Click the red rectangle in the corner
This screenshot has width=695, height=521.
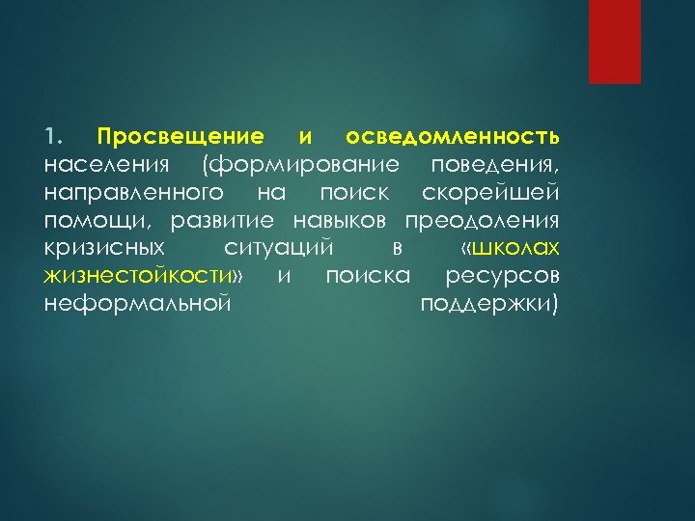[x=615, y=41]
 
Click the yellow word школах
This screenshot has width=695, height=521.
[x=516, y=248]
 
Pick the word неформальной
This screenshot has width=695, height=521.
[x=137, y=306]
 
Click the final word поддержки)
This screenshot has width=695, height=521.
[x=490, y=306]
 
